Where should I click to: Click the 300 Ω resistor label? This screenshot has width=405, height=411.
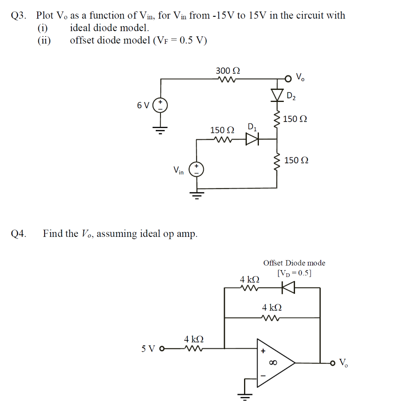click(228, 71)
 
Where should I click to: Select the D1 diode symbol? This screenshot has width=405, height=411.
click(252, 139)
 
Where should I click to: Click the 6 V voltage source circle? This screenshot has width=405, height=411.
click(161, 106)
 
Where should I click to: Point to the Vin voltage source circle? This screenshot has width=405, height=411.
click(196, 169)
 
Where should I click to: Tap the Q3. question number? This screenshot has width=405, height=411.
click(19, 16)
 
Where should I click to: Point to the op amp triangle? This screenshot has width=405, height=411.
click(275, 363)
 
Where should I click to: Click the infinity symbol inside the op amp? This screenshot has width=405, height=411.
click(273, 363)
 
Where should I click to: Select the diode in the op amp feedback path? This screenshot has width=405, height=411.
click(288, 287)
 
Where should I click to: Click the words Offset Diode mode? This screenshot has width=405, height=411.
click(294, 263)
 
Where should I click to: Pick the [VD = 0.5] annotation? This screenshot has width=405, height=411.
click(294, 273)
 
